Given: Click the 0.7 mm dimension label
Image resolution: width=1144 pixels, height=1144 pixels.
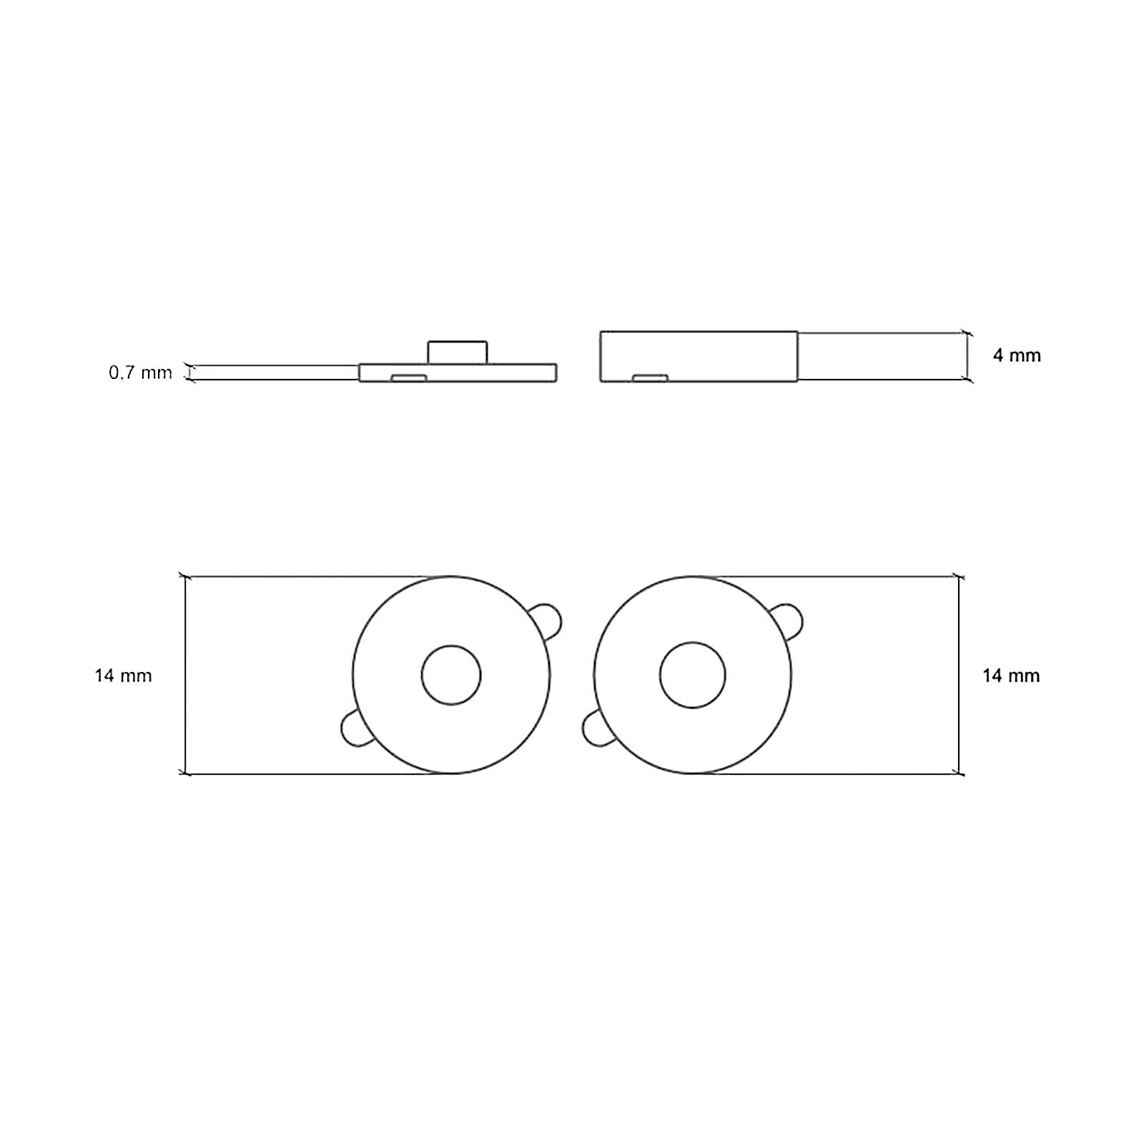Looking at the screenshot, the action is coord(140,373).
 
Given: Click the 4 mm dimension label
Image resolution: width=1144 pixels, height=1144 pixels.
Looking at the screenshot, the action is coord(1017,355).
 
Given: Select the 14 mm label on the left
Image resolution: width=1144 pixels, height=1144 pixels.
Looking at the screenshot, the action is coord(123,676).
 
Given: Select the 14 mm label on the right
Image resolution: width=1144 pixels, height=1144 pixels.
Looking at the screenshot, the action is coord(1011,676).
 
